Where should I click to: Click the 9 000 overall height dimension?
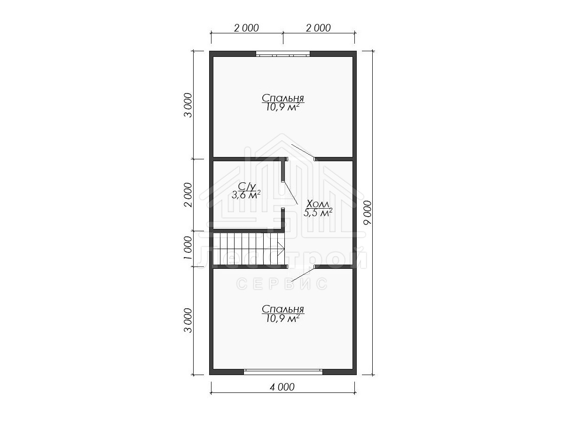(x=368, y=212)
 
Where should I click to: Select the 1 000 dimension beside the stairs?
(x=188, y=248)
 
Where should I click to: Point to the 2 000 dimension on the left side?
(x=188, y=195)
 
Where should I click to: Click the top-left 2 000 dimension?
(x=246, y=28)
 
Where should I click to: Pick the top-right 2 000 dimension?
(x=318, y=28)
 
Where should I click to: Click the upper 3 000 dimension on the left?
(x=188, y=105)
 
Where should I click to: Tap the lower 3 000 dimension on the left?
(x=188, y=320)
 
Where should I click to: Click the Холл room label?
(x=318, y=204)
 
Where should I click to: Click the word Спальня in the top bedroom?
(x=283, y=98)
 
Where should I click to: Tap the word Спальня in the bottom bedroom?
(x=283, y=309)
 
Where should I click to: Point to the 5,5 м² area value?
(x=318, y=212)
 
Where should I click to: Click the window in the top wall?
(x=283, y=54)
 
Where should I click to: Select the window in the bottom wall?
(x=283, y=372)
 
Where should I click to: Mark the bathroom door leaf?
(x=290, y=193)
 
